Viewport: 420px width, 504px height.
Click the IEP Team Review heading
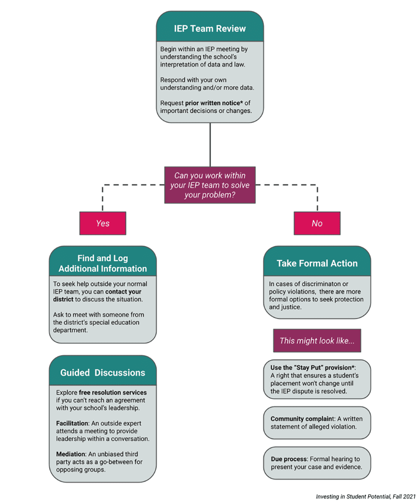(210, 28)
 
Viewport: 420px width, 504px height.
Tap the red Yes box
(102, 223)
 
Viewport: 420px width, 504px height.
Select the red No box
(317, 223)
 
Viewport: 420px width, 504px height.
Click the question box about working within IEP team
(210, 185)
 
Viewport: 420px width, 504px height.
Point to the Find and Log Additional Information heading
(102, 263)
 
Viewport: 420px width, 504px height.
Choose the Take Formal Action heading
(317, 263)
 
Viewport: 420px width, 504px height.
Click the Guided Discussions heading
(102, 373)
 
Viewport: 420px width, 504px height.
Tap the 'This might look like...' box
(317, 341)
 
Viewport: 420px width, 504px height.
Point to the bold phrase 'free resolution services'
(113, 393)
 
